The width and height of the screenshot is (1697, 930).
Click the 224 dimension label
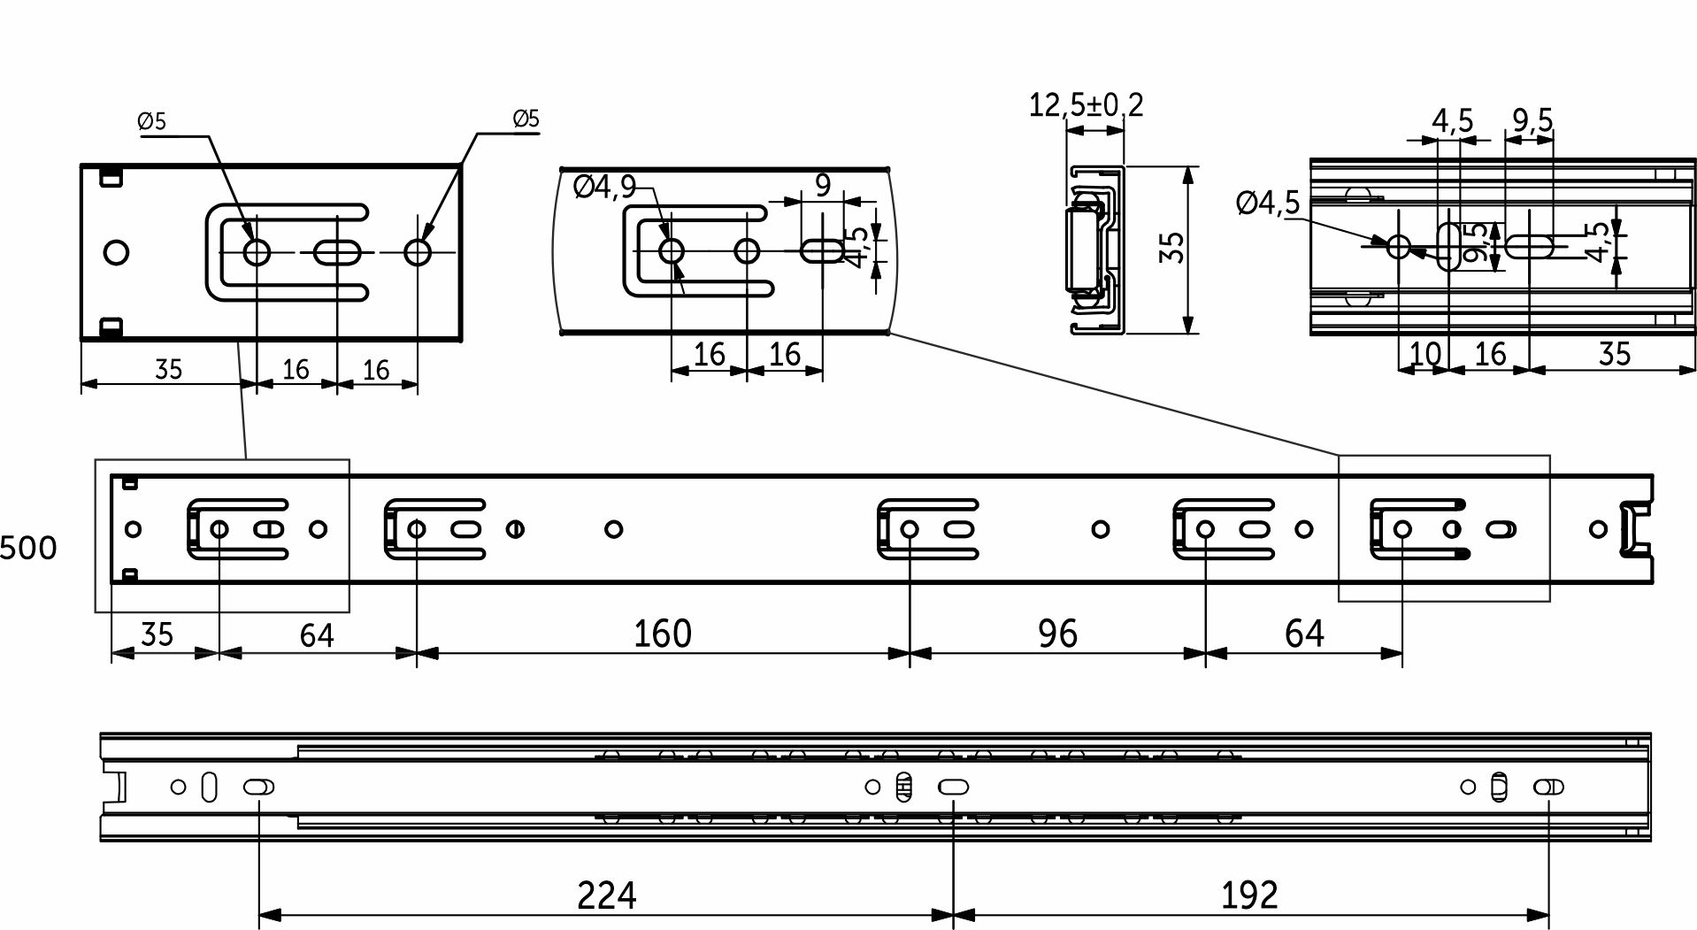pyautogui.click(x=606, y=895)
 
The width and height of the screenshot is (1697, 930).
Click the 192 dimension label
pyautogui.click(x=1249, y=895)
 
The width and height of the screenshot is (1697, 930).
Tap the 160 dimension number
pyautogui.click(x=662, y=634)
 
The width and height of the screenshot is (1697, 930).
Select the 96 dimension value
pyautogui.click(x=1057, y=634)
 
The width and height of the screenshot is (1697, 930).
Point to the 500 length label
pyautogui.click(x=28, y=548)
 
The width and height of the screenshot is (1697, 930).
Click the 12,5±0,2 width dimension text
pyautogui.click(x=1086, y=105)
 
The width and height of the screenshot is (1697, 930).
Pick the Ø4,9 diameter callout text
pyautogui.click(x=604, y=187)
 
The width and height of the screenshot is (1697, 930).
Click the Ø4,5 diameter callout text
pyautogui.click(x=1268, y=203)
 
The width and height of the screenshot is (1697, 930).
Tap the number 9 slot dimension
pyautogui.click(x=823, y=185)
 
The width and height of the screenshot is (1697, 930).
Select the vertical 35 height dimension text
pyautogui.click(x=1172, y=247)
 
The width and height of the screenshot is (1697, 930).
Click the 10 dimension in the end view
pyautogui.click(x=1424, y=354)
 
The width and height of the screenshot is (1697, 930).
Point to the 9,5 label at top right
pyautogui.click(x=1532, y=119)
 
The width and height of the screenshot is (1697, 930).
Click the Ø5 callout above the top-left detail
pyautogui.click(x=152, y=121)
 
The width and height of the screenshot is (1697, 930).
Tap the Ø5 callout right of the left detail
pyautogui.click(x=526, y=119)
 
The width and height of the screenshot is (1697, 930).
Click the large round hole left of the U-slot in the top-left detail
pyautogui.click(x=115, y=252)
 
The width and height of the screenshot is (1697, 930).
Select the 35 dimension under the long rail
pyautogui.click(x=157, y=634)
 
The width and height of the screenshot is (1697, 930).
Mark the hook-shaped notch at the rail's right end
pyautogui.click(x=1634, y=529)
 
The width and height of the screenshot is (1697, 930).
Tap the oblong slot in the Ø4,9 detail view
pyautogui.click(x=823, y=251)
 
